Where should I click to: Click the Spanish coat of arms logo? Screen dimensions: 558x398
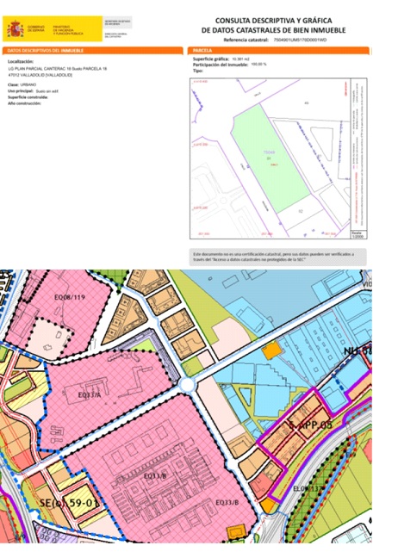point(16,29)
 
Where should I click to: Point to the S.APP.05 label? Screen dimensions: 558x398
point(310,425)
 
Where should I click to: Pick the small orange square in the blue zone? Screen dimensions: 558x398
point(272,350)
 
